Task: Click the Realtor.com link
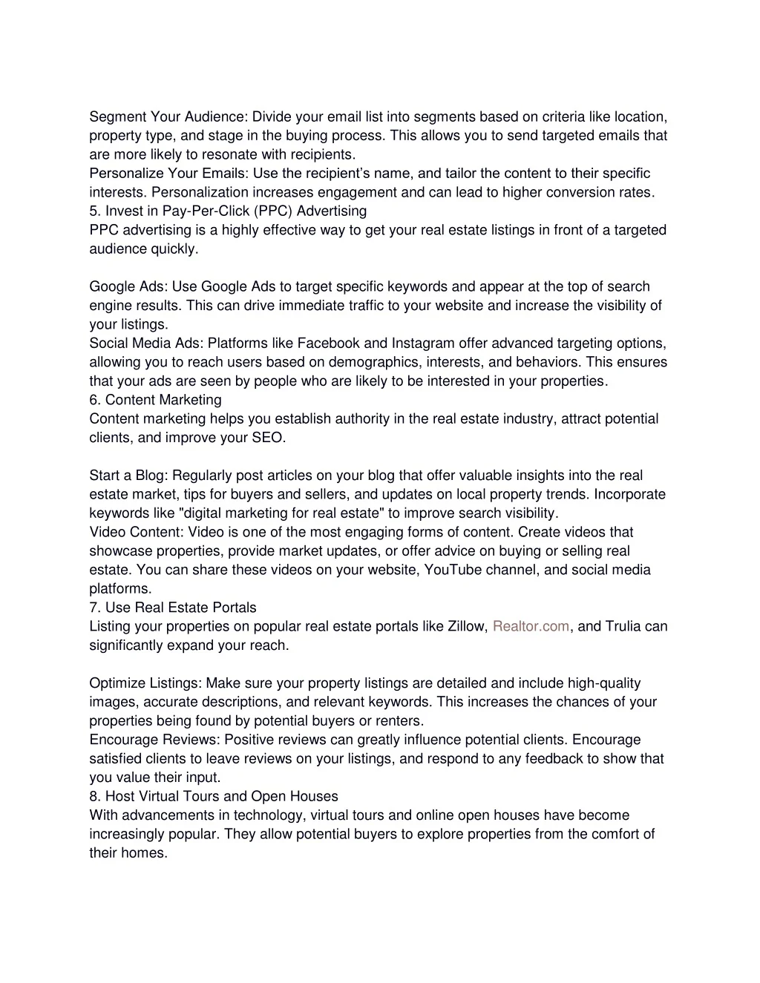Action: tap(531, 626)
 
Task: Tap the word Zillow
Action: tap(465, 626)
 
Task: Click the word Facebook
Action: tap(327, 343)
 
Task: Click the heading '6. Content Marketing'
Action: tap(155, 400)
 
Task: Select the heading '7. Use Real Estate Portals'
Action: tap(172, 608)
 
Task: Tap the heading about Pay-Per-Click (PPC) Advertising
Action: tap(228, 211)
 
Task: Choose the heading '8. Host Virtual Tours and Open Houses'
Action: tap(213, 796)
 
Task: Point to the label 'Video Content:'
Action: tap(137, 532)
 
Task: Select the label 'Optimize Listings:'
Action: tap(145, 683)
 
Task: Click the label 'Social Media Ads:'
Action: tap(146, 343)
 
